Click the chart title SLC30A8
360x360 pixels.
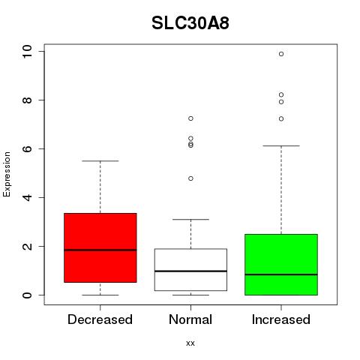click(190, 23)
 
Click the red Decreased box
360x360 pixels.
click(100, 247)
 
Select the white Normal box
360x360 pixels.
click(190, 269)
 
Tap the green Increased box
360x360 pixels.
click(281, 265)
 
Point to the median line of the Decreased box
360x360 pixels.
click(100, 250)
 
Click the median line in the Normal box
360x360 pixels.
click(190, 271)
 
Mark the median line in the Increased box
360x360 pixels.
click(281, 274)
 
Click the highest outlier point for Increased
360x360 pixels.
click(281, 54)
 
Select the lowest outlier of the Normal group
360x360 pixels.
click(190, 178)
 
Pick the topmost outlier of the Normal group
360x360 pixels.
click(190, 118)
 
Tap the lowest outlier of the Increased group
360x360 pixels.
click(281, 118)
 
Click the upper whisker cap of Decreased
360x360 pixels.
click(100, 160)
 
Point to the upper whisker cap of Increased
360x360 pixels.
click(281, 145)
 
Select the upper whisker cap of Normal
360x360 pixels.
click(190, 219)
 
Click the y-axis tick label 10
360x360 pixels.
click(27, 52)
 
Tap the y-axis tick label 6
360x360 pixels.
click(27, 148)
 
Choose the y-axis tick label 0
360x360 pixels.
click(27, 295)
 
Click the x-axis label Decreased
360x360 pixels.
click(100, 319)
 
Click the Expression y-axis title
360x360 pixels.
click(7, 174)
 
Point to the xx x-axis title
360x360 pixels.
click(190, 343)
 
